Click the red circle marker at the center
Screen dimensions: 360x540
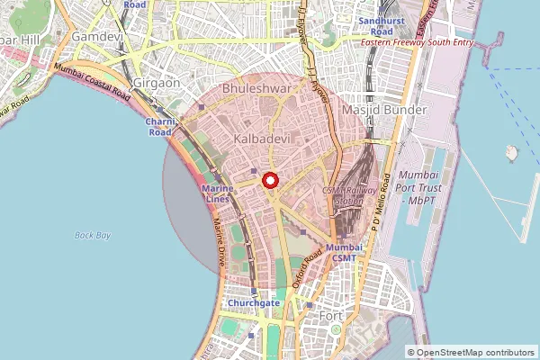270,180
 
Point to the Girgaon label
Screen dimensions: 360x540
157,82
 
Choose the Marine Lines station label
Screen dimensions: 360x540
219,193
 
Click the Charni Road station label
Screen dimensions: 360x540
158,126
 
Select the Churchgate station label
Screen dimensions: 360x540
256,303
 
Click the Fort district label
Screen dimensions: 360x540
332,316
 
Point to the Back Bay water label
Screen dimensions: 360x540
93,235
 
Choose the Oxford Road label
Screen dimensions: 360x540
307,268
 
